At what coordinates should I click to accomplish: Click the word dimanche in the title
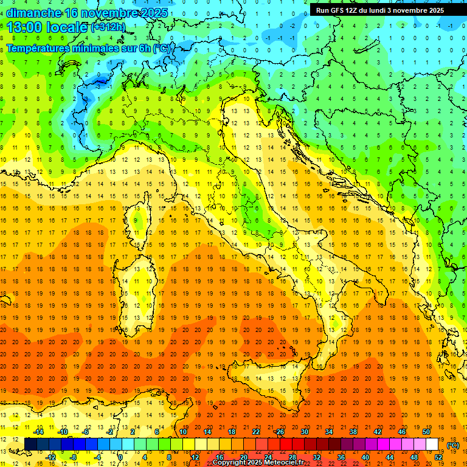pyautogui.click(x=33, y=13)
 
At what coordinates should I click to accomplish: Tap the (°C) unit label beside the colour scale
pyautogui.click(x=454, y=445)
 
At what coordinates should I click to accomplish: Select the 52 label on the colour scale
pyautogui.click(x=438, y=457)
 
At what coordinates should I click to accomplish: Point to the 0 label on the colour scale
pyautogui.click(x=120, y=457)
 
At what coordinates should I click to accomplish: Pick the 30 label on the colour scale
pyautogui.click(x=305, y=432)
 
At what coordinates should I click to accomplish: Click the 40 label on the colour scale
pyautogui.click(x=365, y=457)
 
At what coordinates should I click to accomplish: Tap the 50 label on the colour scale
pyautogui.click(x=426, y=432)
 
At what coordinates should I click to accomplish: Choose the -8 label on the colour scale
pyautogui.click(x=73, y=457)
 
